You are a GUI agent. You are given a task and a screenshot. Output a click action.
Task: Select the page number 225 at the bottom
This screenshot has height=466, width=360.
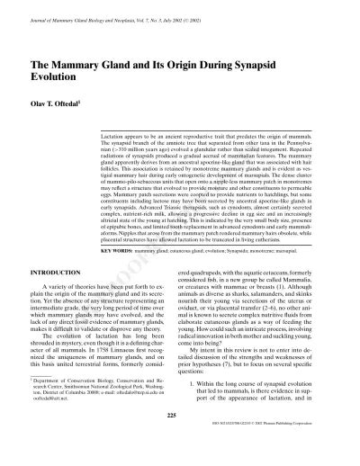click(180, 441)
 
